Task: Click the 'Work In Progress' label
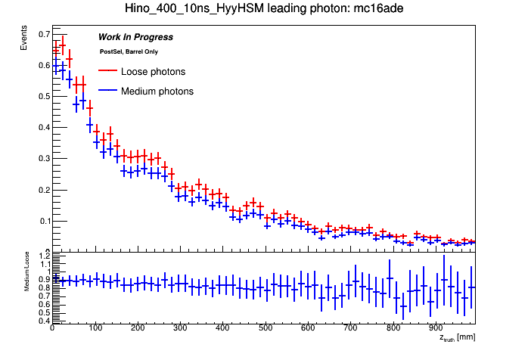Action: coord(135,37)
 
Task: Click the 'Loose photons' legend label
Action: coord(153,72)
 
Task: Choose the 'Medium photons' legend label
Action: coord(157,92)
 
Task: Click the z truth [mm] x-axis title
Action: coord(457,337)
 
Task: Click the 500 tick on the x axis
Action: coord(265,329)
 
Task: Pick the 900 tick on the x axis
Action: coord(435,329)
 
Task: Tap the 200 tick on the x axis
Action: coord(137,329)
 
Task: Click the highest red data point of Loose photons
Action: coord(63,43)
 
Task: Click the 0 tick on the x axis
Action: coord(51,329)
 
